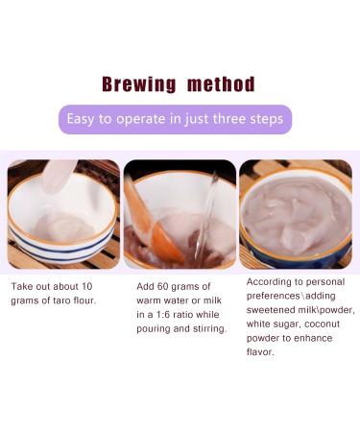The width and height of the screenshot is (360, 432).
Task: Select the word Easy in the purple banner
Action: point(82,119)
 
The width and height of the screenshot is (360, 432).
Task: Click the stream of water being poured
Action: point(204,216)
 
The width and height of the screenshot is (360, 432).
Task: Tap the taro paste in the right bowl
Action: point(296,216)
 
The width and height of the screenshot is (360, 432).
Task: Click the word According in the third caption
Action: point(270,282)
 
